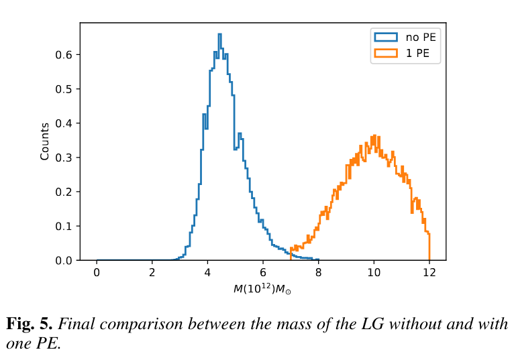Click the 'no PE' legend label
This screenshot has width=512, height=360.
pyautogui.click(x=421, y=37)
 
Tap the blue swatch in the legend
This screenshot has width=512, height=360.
pyautogui.click(x=385, y=37)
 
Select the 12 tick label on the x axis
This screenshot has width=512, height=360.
pyautogui.click(x=429, y=274)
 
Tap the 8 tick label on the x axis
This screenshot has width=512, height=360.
pyautogui.click(x=318, y=274)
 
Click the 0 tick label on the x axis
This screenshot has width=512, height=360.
pyautogui.click(x=97, y=274)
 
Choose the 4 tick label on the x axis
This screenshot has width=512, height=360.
pyautogui.click(x=207, y=274)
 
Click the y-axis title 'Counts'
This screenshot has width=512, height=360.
pyautogui.click(x=45, y=141)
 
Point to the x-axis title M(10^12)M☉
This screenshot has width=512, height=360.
pyautogui.click(x=262, y=289)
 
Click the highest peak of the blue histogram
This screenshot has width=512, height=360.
pyautogui.click(x=219, y=34)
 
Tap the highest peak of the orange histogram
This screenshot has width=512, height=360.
pyautogui.click(x=373, y=134)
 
